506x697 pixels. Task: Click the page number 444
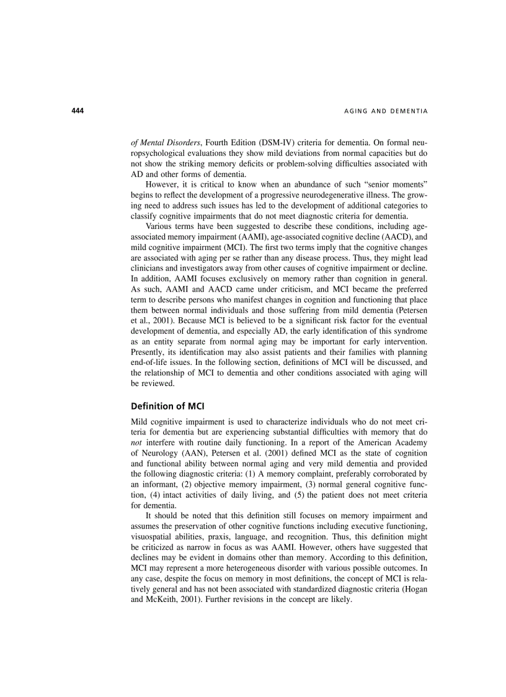click(77, 111)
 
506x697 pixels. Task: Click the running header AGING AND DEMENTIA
click(385, 111)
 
